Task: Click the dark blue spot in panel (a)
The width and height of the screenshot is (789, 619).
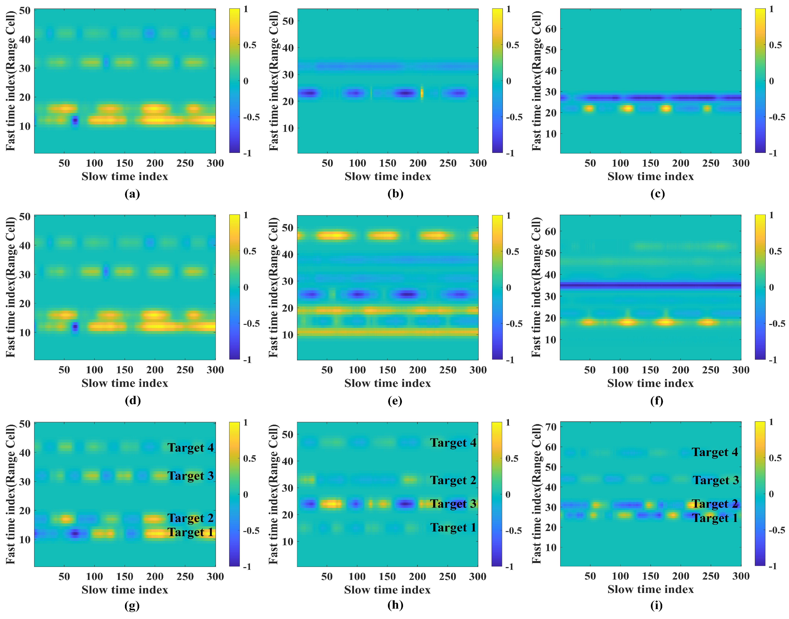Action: point(75,121)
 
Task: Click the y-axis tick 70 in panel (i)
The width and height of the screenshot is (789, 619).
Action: point(551,427)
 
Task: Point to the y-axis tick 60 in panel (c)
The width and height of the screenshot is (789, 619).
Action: point(551,29)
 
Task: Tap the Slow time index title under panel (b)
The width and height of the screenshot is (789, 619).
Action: point(388,177)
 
